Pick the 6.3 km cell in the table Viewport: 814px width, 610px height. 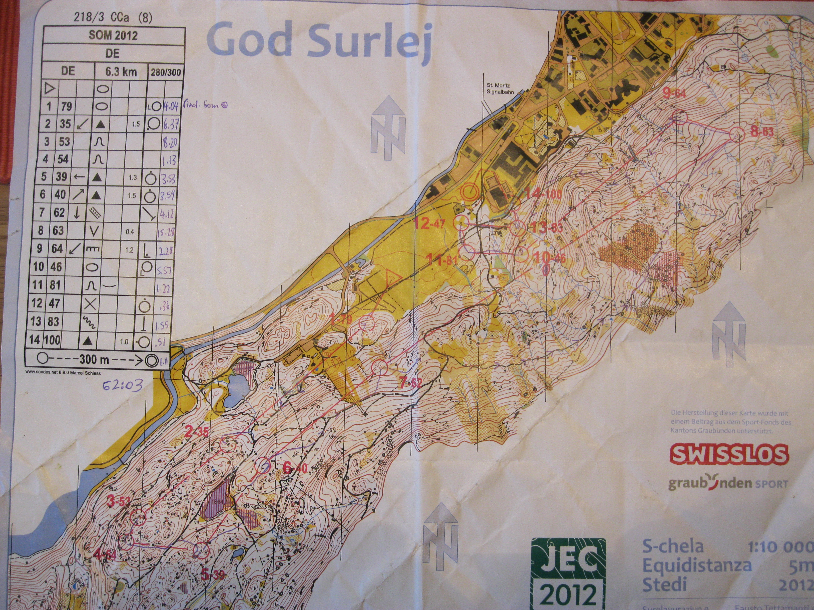tap(121, 72)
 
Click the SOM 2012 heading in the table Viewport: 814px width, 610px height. tap(113, 36)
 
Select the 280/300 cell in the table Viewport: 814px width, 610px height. tap(166, 72)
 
